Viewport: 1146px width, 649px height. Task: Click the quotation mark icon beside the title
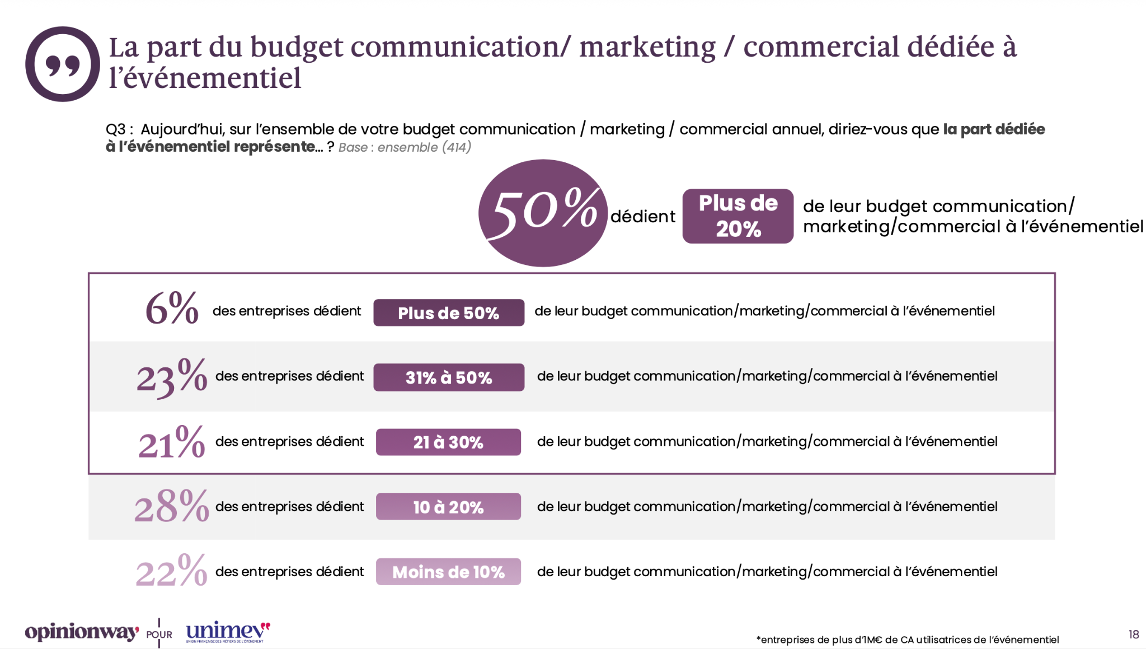pyautogui.click(x=62, y=64)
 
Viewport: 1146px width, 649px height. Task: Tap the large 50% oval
pyautogui.click(x=543, y=213)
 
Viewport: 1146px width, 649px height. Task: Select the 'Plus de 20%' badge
pyautogui.click(x=738, y=216)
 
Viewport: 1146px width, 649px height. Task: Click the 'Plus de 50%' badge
pyautogui.click(x=449, y=312)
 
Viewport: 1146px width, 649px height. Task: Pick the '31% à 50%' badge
pyautogui.click(x=449, y=377)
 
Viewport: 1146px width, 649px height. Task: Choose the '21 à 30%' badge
pyautogui.click(x=448, y=442)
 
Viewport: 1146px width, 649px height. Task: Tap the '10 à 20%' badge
pyautogui.click(x=448, y=507)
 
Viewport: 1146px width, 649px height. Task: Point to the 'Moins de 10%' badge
pyautogui.click(x=448, y=572)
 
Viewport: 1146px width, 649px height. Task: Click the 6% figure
pyautogui.click(x=172, y=309)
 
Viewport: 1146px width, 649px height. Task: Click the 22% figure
pyautogui.click(x=172, y=571)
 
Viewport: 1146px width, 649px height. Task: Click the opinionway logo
pyautogui.click(x=82, y=632)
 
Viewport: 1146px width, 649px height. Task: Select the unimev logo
pyautogui.click(x=227, y=632)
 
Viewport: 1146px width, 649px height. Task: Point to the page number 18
pyautogui.click(x=1134, y=634)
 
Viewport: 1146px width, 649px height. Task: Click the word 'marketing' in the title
pyautogui.click(x=647, y=47)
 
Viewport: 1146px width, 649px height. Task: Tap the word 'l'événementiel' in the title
pyautogui.click(x=205, y=78)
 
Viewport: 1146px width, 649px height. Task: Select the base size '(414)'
pyautogui.click(x=457, y=147)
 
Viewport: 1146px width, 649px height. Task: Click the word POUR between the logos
pyautogui.click(x=159, y=635)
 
